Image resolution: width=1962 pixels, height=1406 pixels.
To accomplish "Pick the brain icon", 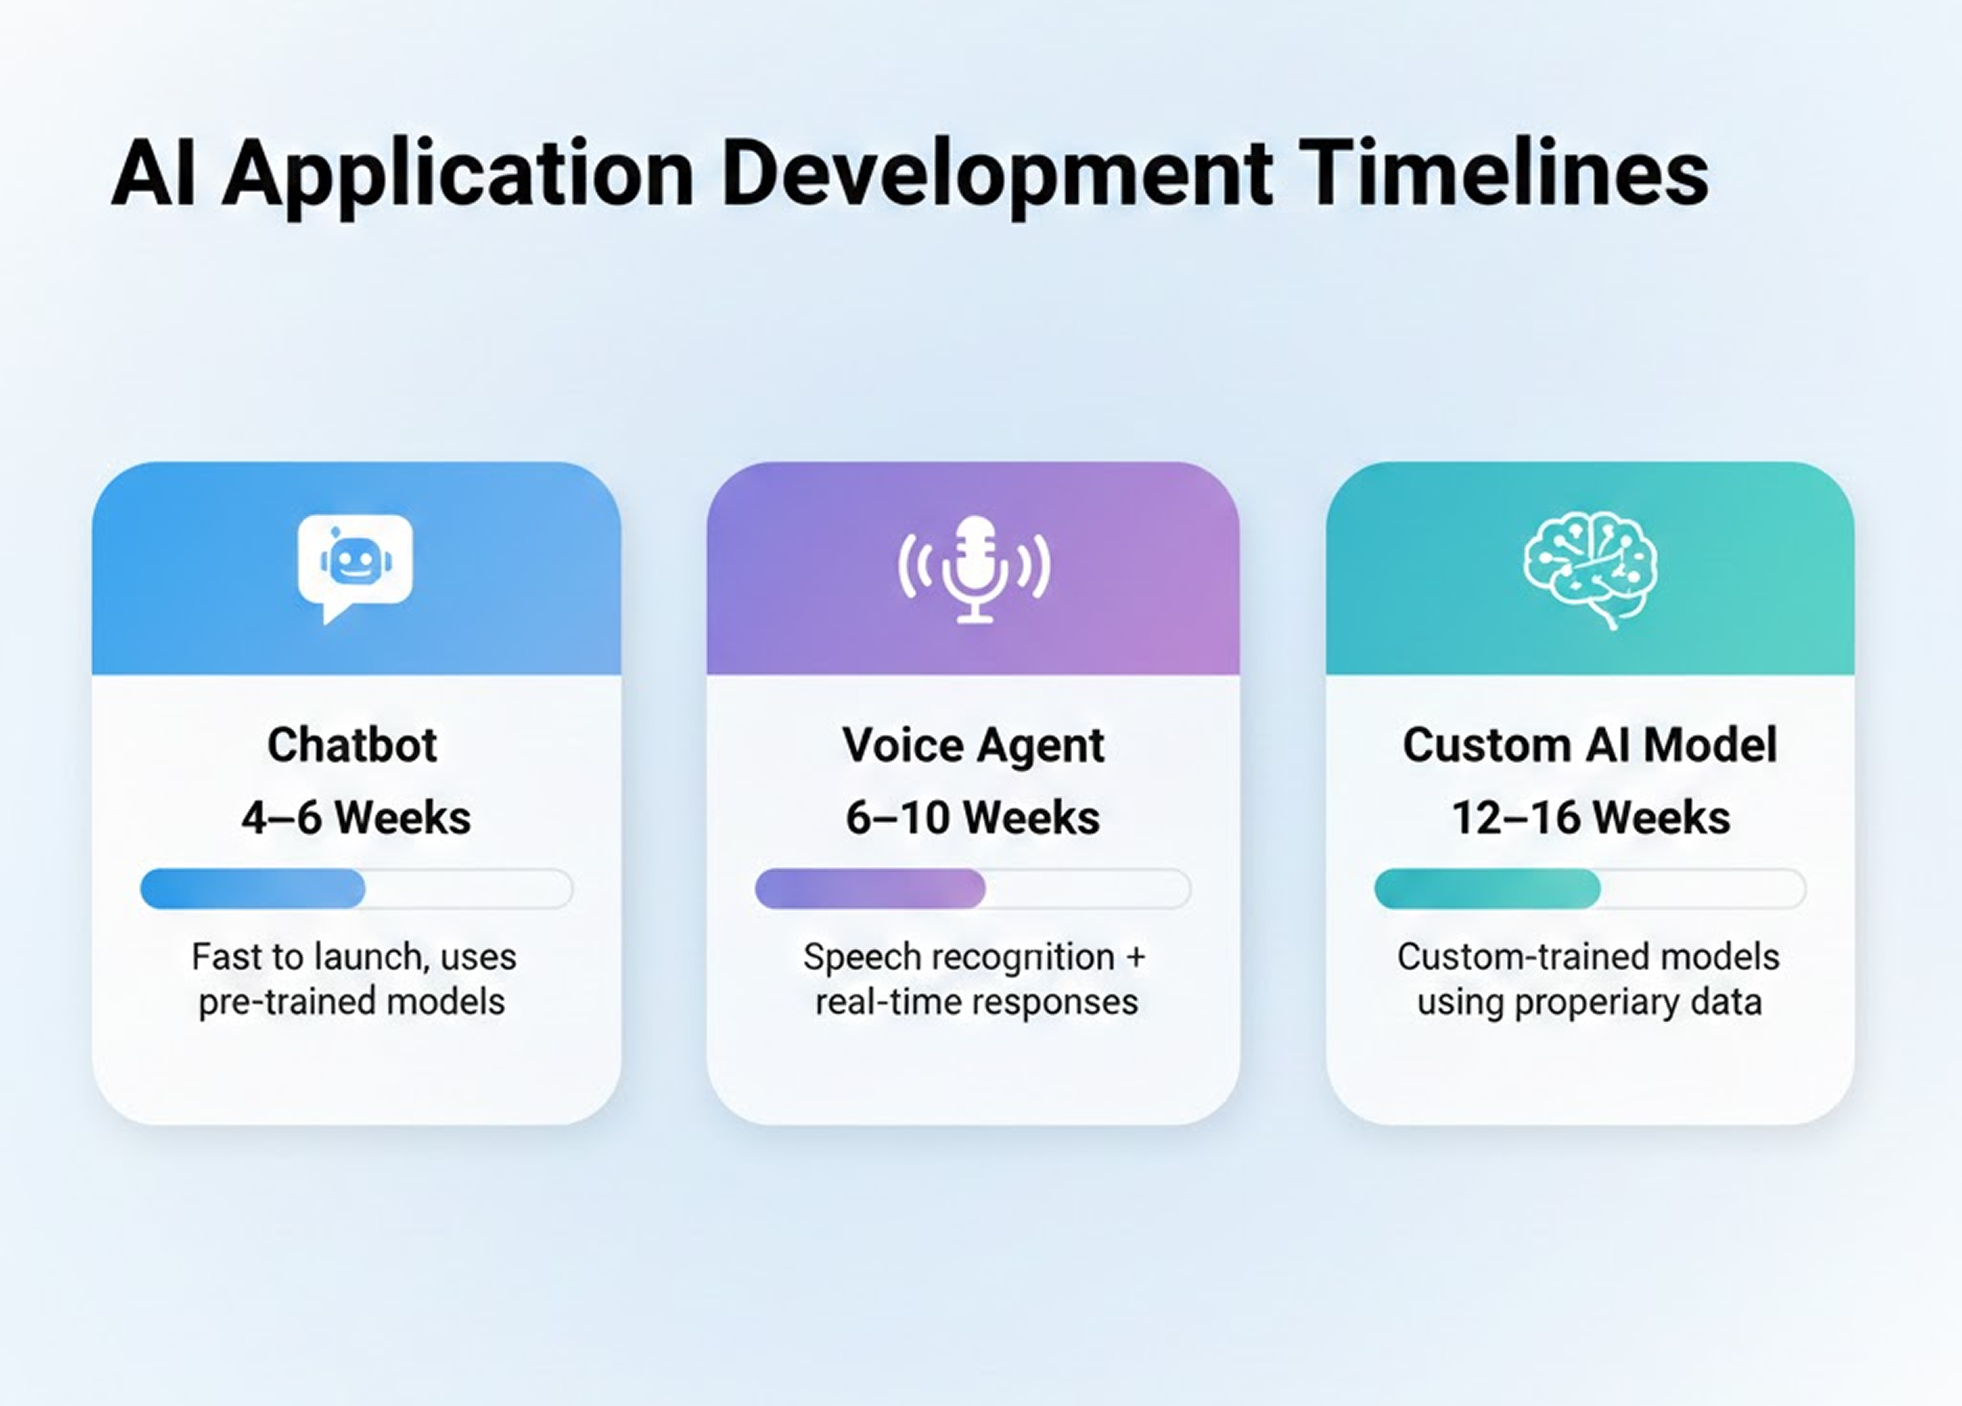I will click(1590, 568).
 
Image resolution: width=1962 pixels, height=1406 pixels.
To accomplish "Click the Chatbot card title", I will click(352, 745).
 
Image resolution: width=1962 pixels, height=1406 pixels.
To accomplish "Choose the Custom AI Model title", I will click(1590, 745).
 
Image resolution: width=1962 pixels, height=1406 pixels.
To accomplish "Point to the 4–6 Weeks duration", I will click(355, 818).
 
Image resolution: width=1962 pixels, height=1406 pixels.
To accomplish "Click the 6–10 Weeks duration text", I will click(972, 818).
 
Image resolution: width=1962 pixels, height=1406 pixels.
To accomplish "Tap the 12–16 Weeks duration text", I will click(1590, 818).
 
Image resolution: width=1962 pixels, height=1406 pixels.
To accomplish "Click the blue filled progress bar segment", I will click(253, 889).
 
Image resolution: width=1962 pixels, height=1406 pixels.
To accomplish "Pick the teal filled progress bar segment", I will click(1487, 889).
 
